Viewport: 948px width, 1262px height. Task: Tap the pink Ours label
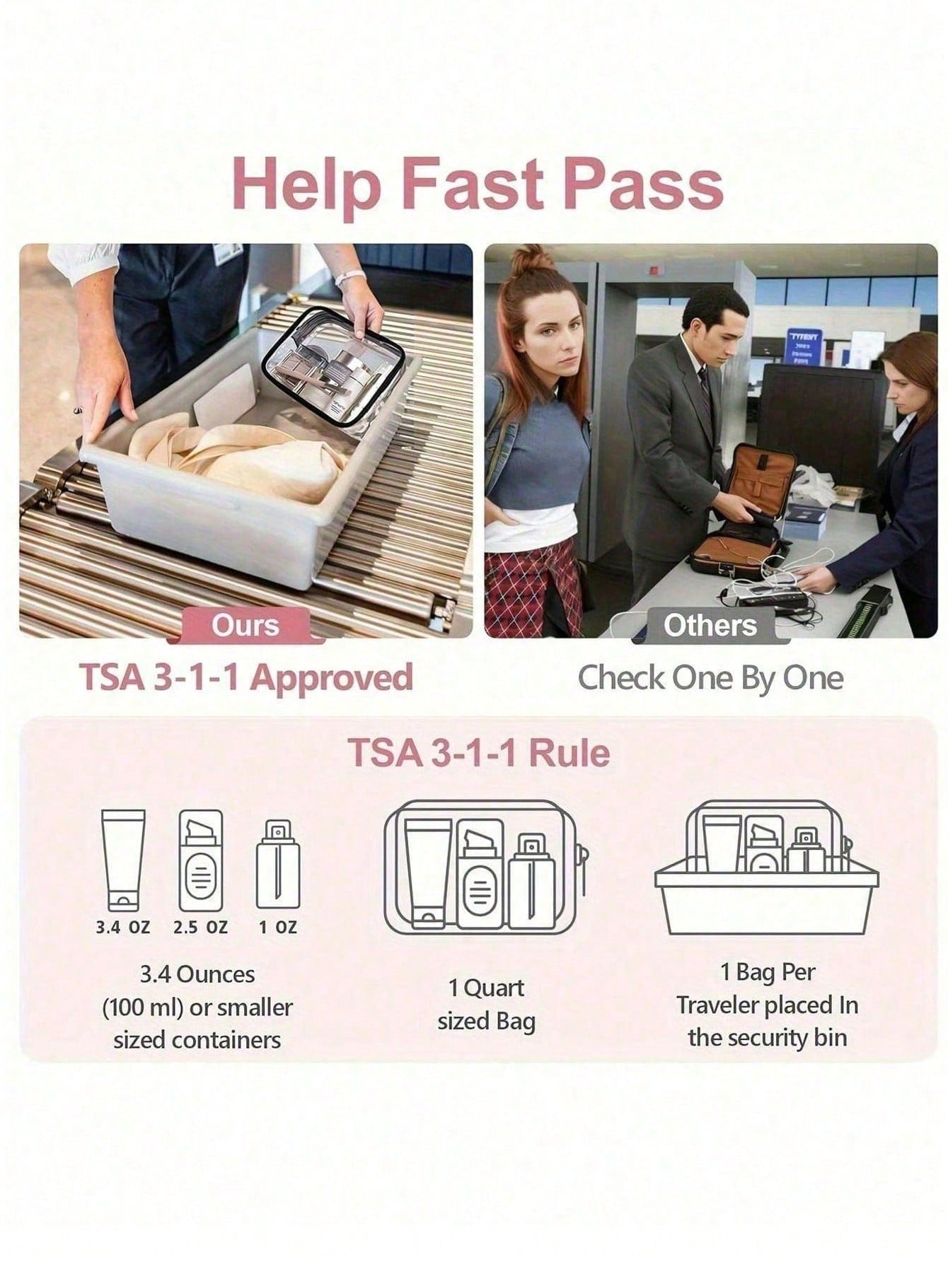[x=245, y=625]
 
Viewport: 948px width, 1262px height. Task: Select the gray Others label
[x=710, y=625]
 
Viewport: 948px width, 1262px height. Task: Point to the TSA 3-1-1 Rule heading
[x=479, y=752]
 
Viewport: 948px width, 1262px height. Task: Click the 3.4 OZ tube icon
[x=123, y=860]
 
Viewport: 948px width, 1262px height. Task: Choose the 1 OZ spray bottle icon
[x=278, y=864]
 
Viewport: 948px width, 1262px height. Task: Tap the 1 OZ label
[x=277, y=927]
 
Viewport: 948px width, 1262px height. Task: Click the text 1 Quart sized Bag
[x=487, y=1004]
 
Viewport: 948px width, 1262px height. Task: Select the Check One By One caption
[x=710, y=678]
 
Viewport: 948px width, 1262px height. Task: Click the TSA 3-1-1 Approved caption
[x=245, y=677]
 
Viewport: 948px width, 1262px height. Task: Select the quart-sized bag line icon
[x=486, y=867]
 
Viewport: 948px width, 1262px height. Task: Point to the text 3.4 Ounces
[x=197, y=974]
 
